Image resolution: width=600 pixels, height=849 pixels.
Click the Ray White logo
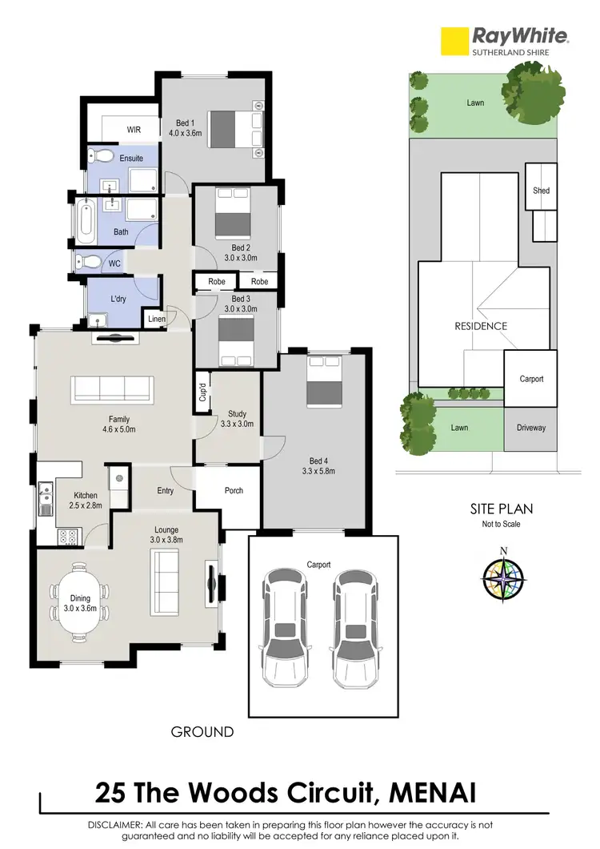click(x=506, y=40)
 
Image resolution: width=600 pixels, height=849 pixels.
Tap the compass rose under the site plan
click(x=503, y=578)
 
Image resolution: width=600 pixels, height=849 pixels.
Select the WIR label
click(x=134, y=129)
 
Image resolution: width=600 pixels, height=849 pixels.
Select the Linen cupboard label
click(x=155, y=320)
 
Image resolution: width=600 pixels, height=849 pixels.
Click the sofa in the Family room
click(x=112, y=390)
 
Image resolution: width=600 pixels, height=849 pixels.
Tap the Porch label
click(x=234, y=490)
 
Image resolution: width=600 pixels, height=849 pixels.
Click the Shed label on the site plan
click(x=542, y=191)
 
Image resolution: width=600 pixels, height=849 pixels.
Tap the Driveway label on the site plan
click(x=530, y=428)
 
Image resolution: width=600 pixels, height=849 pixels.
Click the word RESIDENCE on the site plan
click(x=481, y=326)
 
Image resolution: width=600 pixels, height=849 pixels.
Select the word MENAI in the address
click(x=433, y=793)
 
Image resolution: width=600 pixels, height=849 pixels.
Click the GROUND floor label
click(x=202, y=731)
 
